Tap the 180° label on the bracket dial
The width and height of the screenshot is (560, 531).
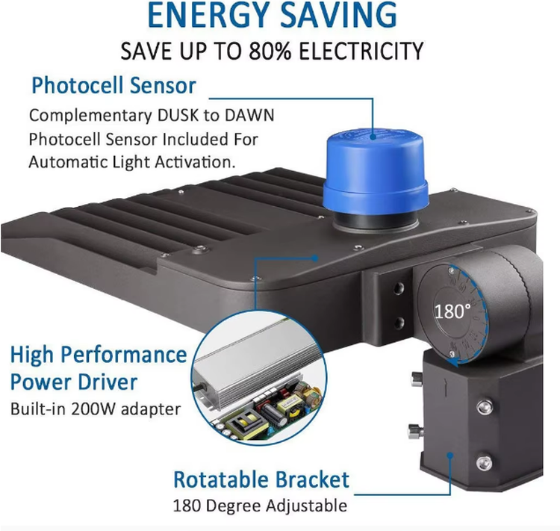point(452,311)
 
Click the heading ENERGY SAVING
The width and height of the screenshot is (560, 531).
point(272,15)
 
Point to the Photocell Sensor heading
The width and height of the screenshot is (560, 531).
point(114,86)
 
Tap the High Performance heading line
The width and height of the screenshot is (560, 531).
point(99,355)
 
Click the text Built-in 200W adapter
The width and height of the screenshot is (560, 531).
point(96,409)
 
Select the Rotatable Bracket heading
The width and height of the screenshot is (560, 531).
point(261,479)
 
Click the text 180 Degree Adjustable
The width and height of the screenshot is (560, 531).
point(260,506)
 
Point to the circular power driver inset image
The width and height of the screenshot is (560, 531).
point(260,379)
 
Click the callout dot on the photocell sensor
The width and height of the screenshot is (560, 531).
point(373,136)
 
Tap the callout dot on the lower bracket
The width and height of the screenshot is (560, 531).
point(450,456)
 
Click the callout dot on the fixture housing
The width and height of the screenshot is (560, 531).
point(314,258)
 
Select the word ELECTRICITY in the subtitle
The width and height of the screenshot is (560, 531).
point(361,51)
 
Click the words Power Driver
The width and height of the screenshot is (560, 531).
point(74,382)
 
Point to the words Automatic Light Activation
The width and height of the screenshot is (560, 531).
point(132,162)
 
